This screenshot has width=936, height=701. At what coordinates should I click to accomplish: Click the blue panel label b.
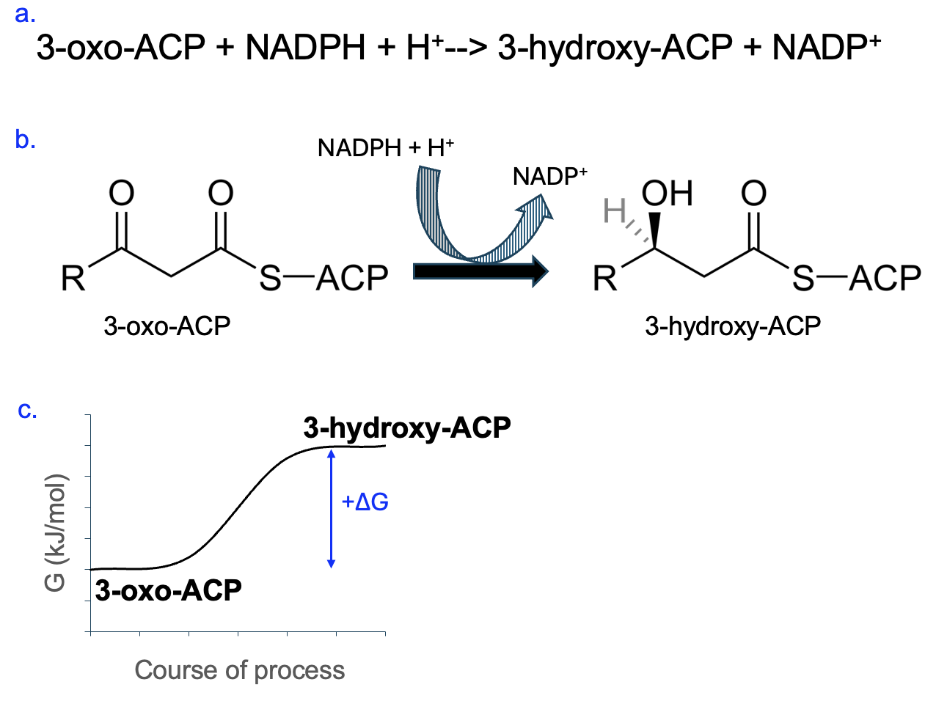click(x=25, y=139)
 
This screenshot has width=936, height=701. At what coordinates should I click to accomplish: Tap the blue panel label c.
click(x=27, y=410)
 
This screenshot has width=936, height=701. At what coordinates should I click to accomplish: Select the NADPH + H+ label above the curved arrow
click(x=385, y=148)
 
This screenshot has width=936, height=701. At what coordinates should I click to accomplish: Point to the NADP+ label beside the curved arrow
click(x=550, y=177)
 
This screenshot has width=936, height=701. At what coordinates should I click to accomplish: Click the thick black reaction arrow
click(x=480, y=271)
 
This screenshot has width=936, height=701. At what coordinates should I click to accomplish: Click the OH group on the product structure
click(x=667, y=194)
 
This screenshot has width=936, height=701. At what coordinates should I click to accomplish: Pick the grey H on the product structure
click(x=614, y=212)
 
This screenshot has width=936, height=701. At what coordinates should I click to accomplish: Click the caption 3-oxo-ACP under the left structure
click(x=167, y=326)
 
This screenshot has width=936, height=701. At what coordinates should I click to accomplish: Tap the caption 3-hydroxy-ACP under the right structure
click(x=732, y=326)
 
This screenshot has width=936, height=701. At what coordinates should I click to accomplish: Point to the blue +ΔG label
click(x=365, y=502)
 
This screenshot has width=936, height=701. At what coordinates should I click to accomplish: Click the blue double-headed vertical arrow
click(x=331, y=509)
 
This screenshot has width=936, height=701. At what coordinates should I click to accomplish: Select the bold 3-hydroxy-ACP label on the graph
click(x=407, y=427)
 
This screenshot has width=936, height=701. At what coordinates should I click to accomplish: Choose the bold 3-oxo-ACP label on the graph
click(x=169, y=590)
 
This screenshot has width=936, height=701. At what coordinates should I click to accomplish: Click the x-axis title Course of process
click(x=239, y=670)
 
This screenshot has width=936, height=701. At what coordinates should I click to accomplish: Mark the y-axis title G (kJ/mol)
click(x=56, y=532)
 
